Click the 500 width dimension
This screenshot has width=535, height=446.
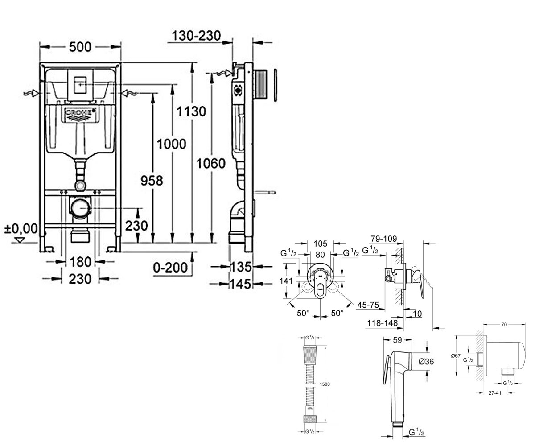80,47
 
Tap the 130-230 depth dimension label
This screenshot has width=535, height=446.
196,36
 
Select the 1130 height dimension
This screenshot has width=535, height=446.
191,111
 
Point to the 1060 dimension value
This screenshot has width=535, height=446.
211,163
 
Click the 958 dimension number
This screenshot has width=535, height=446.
152,181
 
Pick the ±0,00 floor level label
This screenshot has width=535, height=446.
21,228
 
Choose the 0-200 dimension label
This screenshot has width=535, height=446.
170,268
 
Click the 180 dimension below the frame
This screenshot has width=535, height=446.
80,262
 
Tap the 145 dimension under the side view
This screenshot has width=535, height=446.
240,284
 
